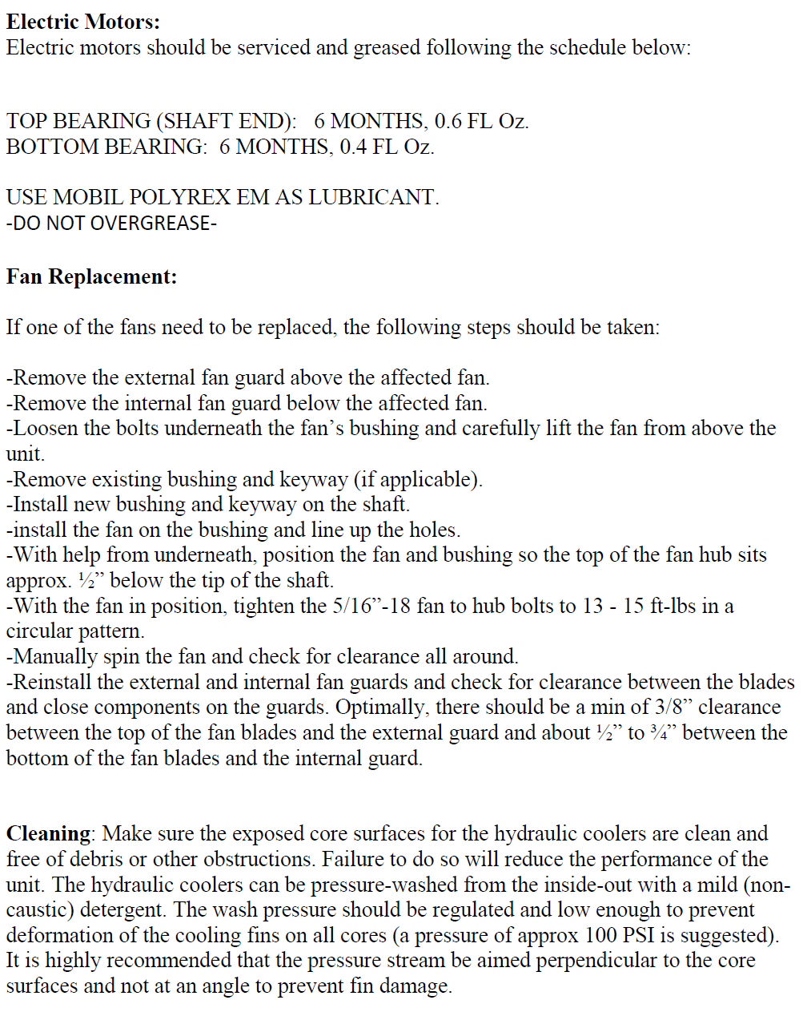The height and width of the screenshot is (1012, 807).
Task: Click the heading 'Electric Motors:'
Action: click(83, 22)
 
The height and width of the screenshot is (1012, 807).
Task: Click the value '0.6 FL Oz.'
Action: click(482, 122)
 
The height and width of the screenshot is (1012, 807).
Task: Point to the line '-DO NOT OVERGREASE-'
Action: click(111, 223)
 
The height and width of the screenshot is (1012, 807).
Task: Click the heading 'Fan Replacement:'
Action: click(91, 277)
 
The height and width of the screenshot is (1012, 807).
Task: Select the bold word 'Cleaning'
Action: click(48, 834)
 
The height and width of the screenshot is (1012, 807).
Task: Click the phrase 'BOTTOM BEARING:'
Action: click(106, 147)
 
